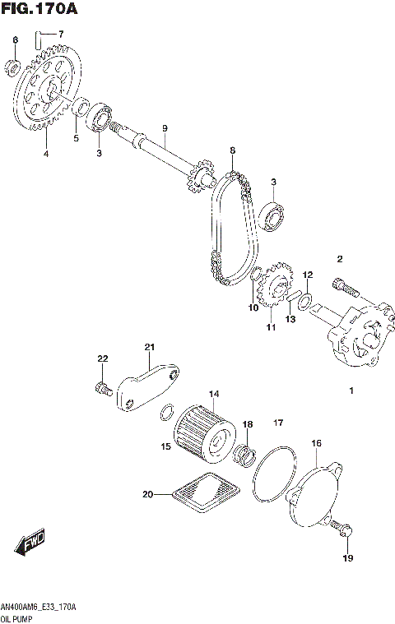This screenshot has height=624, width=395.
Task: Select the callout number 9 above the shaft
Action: tap(165, 128)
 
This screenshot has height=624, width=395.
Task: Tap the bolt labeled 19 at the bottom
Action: tap(345, 532)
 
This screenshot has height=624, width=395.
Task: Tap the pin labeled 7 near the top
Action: tap(39, 35)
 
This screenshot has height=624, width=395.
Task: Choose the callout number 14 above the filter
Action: tap(213, 393)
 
